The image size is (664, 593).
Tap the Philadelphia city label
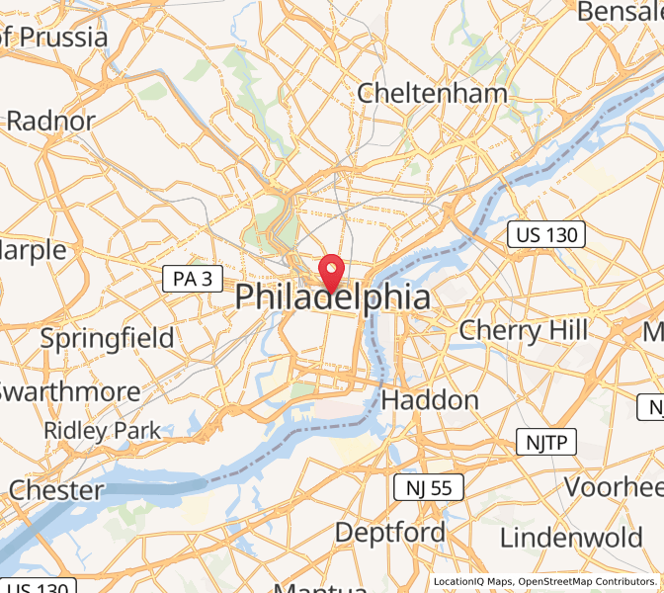coord(332,297)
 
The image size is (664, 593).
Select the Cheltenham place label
coord(432,94)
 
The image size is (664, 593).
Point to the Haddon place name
coord(430,400)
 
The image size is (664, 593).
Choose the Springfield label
coord(107,338)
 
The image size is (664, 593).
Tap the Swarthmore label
coord(69,391)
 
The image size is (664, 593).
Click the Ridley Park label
coord(102,431)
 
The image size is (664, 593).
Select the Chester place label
coord(55,489)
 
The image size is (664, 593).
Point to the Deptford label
coord(389,533)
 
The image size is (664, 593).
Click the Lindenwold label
coord(572,538)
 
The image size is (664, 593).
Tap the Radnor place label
coord(50,122)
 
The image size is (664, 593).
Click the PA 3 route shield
coord(192,280)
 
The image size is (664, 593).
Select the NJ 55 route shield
coord(428,486)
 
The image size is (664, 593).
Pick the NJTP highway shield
coord(545,442)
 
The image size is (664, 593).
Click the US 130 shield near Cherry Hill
coord(546,235)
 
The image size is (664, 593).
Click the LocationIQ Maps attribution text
coord(472,582)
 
